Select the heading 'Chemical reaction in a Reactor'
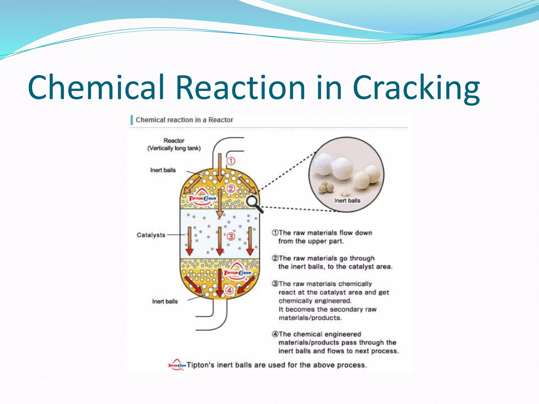[x=184, y=120]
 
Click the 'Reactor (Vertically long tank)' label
[x=174, y=144]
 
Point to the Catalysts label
[x=151, y=235]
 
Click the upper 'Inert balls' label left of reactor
[x=163, y=170]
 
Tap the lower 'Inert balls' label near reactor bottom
[x=165, y=301]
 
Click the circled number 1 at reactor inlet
[x=231, y=161]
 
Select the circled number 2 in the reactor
[x=231, y=188]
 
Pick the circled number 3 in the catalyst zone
[x=231, y=236]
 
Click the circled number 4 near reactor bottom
[x=229, y=290]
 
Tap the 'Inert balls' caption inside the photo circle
[x=347, y=201]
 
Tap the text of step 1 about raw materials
[x=322, y=237]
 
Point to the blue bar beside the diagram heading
[x=132, y=120]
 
